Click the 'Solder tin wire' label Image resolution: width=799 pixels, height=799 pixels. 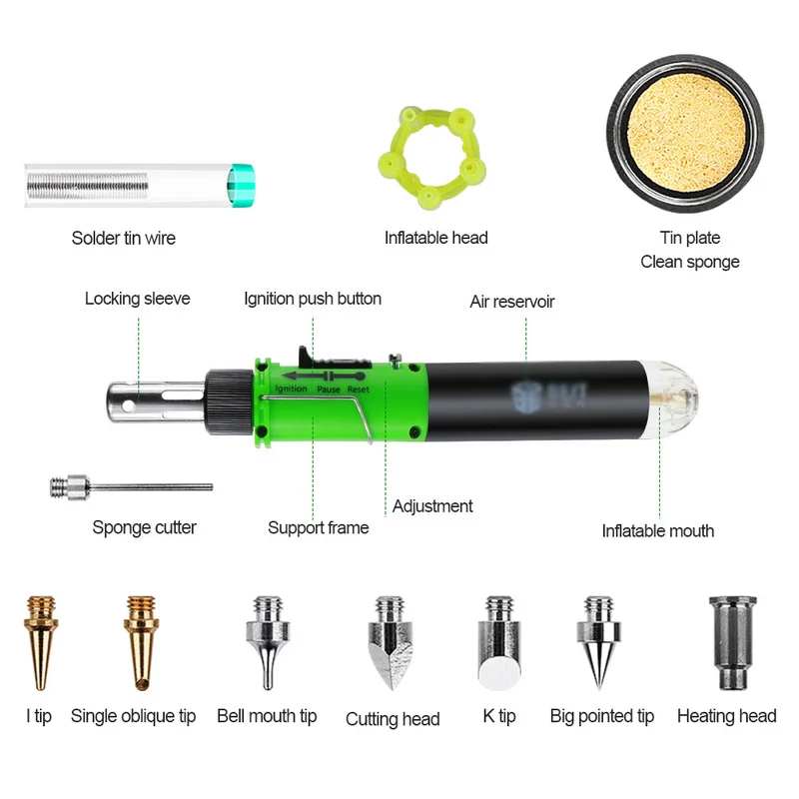(123, 238)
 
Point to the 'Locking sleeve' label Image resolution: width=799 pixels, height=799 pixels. (137, 298)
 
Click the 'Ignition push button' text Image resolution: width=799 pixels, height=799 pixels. (313, 298)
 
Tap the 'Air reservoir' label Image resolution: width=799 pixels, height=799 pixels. (512, 301)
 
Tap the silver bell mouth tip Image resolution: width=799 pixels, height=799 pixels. (266, 640)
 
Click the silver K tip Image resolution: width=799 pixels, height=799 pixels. (497, 643)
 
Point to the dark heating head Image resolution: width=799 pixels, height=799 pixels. (727, 640)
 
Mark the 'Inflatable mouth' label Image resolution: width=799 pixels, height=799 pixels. (657, 530)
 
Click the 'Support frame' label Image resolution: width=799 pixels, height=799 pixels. (318, 527)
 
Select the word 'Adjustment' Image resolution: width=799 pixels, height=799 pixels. (432, 505)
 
